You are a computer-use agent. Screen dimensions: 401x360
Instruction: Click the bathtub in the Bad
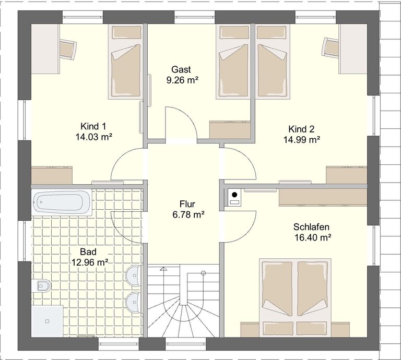pyautogui.click(x=62, y=202)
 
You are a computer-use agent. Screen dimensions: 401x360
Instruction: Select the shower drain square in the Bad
pyautogui.click(x=47, y=321)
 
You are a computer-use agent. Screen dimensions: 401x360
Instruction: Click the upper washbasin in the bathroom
pyautogui.click(x=134, y=275)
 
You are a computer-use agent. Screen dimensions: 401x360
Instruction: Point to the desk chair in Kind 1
pyautogui.click(x=68, y=50)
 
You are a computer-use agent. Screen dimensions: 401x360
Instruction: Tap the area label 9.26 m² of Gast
pyautogui.click(x=182, y=80)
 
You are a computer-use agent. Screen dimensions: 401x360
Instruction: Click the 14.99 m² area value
pyautogui.click(x=301, y=140)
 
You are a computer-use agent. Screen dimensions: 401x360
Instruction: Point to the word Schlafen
pyautogui.click(x=311, y=227)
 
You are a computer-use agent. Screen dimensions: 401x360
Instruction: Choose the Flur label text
pyautogui.click(x=187, y=204)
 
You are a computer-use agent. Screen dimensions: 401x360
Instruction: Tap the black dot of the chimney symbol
pyautogui.click(x=234, y=195)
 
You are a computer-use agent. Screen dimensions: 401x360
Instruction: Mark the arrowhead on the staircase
pyautogui.click(x=163, y=269)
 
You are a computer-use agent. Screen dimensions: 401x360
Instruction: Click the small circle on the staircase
pyautogui.click(x=203, y=273)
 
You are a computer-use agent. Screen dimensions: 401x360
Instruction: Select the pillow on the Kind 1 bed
pyautogui.click(x=126, y=32)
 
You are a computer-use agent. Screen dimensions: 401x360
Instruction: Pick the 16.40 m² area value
pyautogui.click(x=313, y=237)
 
